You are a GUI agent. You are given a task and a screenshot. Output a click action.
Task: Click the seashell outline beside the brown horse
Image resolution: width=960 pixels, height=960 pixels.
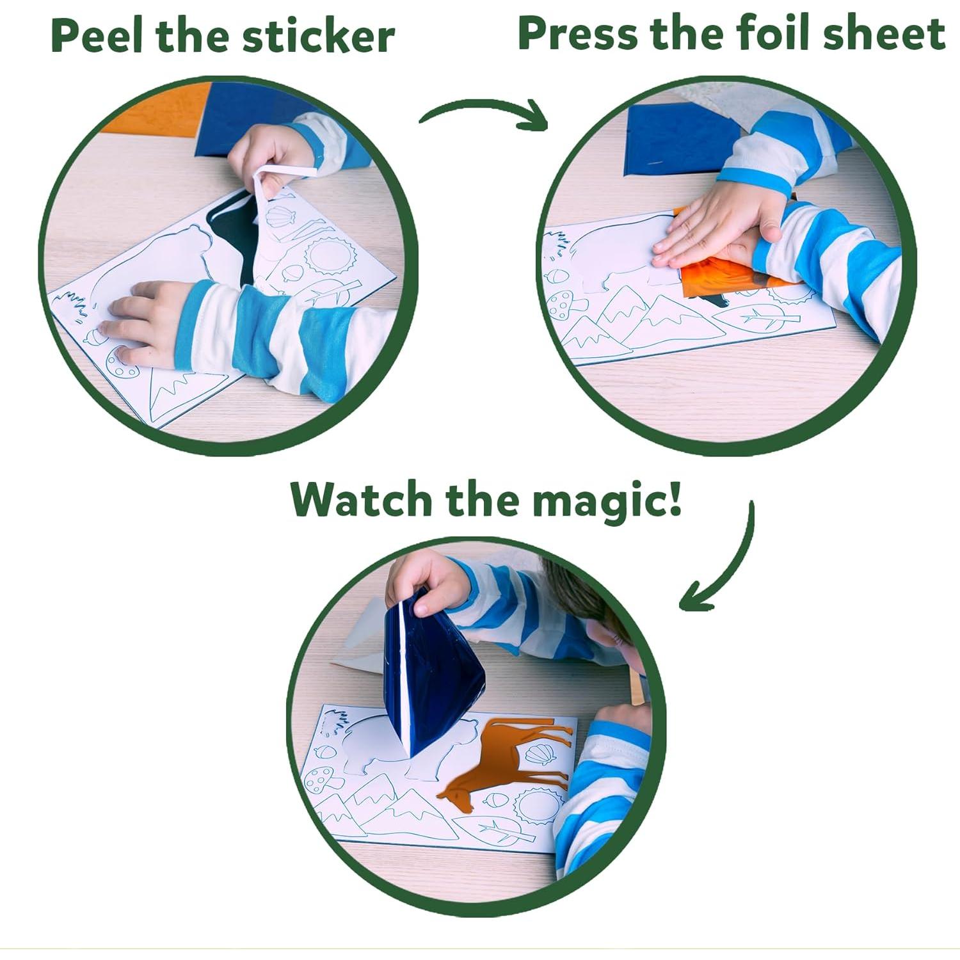click(541, 753)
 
